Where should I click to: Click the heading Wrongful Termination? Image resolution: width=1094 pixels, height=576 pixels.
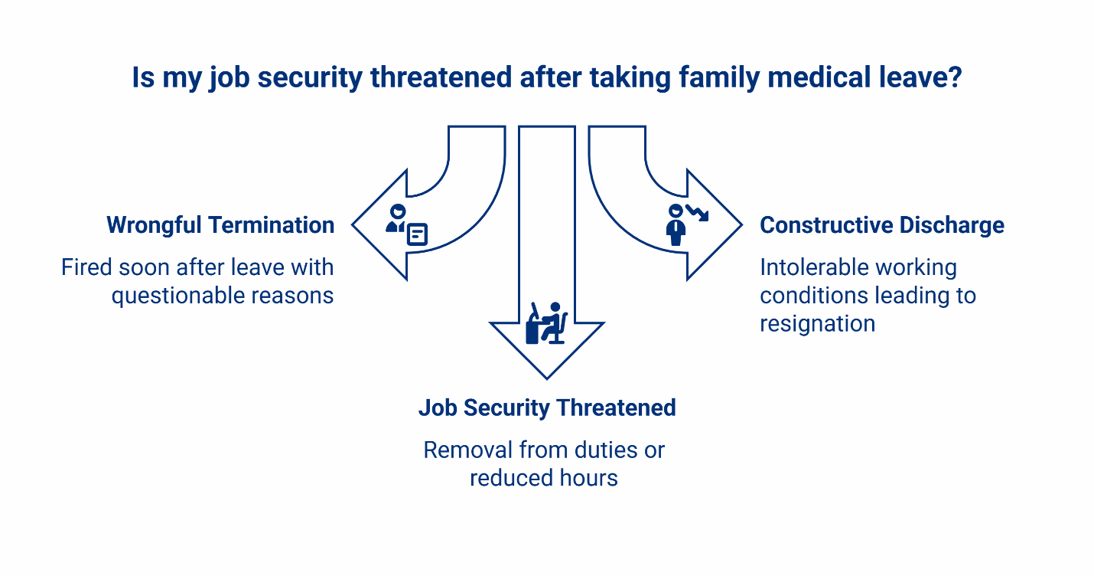click(220, 225)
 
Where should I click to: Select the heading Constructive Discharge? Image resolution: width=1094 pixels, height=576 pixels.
click(881, 225)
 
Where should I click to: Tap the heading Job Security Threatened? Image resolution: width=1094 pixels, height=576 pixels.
click(547, 407)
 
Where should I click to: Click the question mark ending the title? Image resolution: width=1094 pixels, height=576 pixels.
click(953, 78)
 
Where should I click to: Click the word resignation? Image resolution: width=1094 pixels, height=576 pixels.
click(817, 323)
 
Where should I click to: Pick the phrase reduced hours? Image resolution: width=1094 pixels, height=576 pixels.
click(544, 478)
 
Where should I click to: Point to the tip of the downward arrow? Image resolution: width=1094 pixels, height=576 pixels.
click(547, 377)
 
